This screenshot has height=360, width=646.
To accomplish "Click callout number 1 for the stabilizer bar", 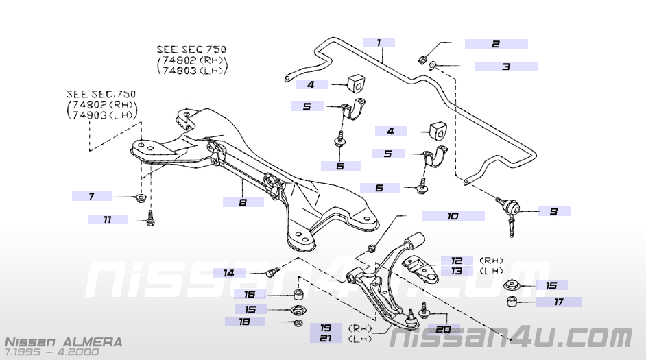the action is pyautogui.click(x=379, y=43).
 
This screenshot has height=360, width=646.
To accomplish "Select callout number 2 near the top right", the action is pyautogui.click(x=496, y=44).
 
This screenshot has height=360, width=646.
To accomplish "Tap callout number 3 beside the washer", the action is pyautogui.click(x=506, y=67).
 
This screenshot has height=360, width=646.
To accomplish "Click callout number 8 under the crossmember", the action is pyautogui.click(x=243, y=202).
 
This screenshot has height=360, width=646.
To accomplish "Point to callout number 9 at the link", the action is pyautogui.click(x=553, y=211).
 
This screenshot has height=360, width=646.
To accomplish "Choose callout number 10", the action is pyautogui.click(x=453, y=216).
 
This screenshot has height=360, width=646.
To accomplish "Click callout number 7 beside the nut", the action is pyautogui.click(x=92, y=196).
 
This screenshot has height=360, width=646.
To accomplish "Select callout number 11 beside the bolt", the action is pyautogui.click(x=108, y=219).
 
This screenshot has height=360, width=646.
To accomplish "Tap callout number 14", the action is pyautogui.click(x=228, y=273).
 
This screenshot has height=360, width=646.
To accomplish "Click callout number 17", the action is pyautogui.click(x=559, y=302).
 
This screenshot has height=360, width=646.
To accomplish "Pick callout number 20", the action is pyautogui.click(x=443, y=329).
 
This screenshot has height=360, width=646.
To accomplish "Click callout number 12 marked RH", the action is pyautogui.click(x=456, y=261).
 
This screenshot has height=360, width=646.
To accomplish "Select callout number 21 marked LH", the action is pyautogui.click(x=326, y=338).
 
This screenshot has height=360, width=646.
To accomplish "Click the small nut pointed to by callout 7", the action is pyautogui.click(x=141, y=197).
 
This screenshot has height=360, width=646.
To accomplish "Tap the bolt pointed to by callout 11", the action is pyautogui.click(x=150, y=218).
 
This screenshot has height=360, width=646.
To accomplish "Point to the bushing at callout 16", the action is pyautogui.click(x=298, y=294).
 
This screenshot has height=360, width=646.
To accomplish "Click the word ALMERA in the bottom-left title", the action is pyautogui.click(x=93, y=342).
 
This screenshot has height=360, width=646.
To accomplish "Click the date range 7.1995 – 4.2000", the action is pyautogui.click(x=52, y=352).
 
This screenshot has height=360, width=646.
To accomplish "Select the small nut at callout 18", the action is pyautogui.click(x=299, y=322).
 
